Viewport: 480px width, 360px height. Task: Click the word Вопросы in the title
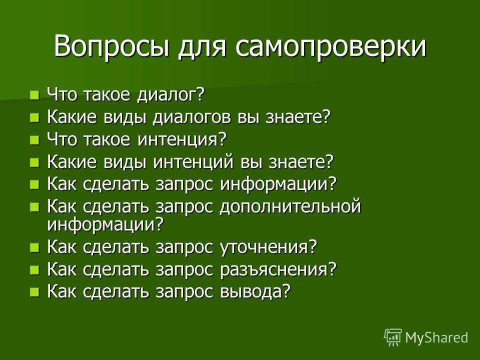(x=111, y=46)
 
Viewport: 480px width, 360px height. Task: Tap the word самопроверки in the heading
(x=331, y=46)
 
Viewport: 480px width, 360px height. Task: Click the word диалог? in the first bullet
(x=170, y=94)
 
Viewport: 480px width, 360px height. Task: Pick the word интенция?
(x=182, y=139)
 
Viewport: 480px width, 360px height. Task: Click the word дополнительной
(x=290, y=206)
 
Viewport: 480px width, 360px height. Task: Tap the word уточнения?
(x=268, y=247)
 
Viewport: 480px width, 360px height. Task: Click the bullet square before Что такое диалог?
(x=35, y=95)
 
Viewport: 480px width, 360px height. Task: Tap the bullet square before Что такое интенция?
(x=35, y=140)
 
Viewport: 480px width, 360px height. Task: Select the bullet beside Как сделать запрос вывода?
(x=35, y=292)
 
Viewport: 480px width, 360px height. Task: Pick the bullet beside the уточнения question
(x=35, y=247)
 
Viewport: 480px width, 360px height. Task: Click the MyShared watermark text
(x=436, y=337)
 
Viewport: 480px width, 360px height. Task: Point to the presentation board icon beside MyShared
(x=393, y=337)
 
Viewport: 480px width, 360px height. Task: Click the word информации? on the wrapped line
(x=105, y=224)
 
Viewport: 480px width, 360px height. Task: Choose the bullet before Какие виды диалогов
(x=35, y=117)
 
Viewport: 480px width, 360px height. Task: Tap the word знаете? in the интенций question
(x=300, y=161)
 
